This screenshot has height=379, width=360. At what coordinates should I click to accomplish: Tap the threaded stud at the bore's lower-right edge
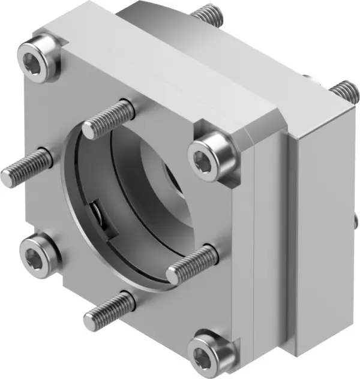192,264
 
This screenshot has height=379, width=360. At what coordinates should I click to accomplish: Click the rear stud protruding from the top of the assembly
207,16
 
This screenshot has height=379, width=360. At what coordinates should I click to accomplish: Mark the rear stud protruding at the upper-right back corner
343,91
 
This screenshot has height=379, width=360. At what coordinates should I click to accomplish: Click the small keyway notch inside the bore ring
96,215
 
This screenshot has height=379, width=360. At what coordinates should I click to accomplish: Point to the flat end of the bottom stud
90,321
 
